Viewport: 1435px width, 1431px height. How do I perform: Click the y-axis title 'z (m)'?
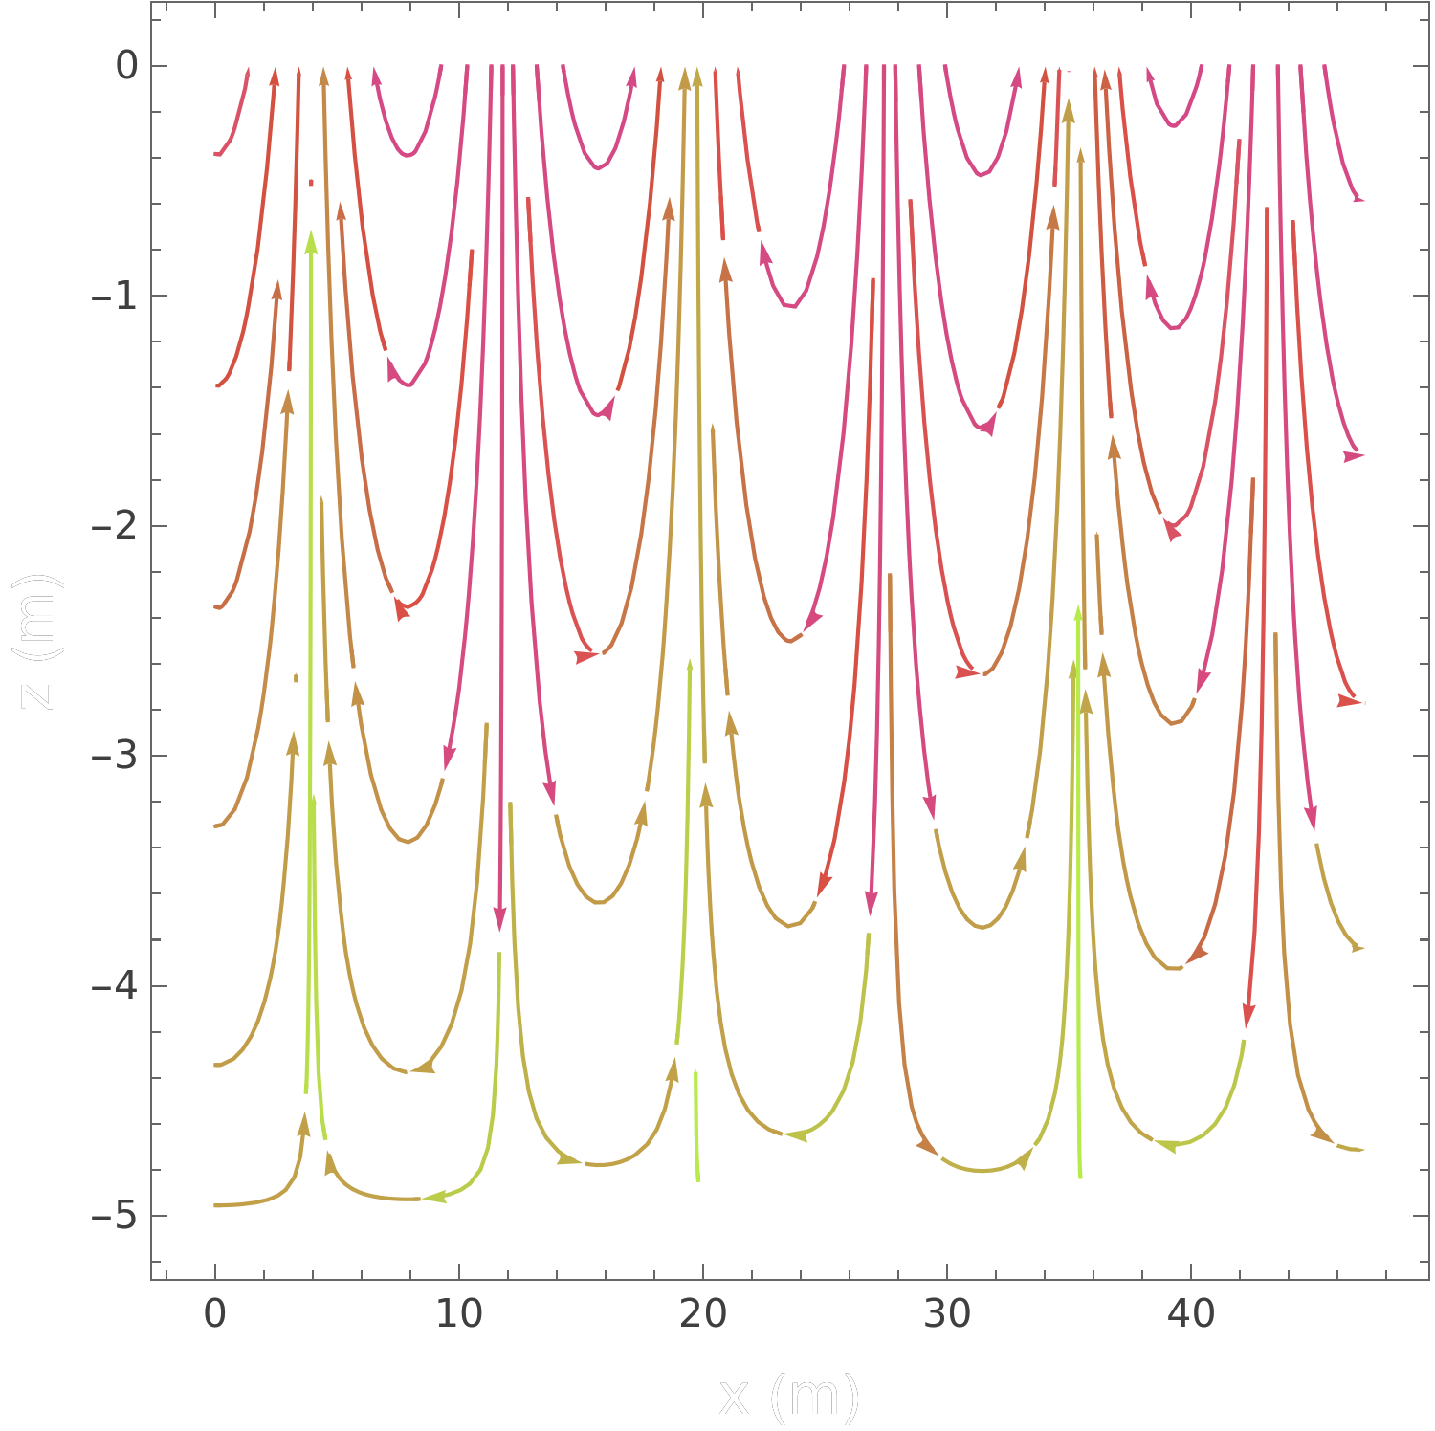pos(38,641)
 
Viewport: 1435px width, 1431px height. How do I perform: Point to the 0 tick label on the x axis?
pos(215,1314)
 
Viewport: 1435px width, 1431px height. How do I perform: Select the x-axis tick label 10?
pos(459,1314)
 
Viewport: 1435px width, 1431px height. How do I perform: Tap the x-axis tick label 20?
pos(703,1314)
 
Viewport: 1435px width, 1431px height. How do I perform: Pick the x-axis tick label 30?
pos(947,1314)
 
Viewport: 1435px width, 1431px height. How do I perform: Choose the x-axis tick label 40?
pos(1191,1314)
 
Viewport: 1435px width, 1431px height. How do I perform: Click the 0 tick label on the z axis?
pos(126,66)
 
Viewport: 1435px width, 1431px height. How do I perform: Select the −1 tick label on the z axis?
pos(115,296)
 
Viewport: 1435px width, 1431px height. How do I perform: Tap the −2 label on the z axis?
pos(115,526)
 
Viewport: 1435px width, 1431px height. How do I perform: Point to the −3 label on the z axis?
pos(115,756)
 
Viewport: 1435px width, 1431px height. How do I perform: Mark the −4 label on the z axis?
pos(115,986)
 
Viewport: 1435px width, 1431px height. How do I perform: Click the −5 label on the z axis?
pos(115,1217)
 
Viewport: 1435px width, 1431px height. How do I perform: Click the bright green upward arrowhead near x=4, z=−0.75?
pos(310,243)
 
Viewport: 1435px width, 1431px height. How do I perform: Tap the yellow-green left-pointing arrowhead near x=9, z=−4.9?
pos(436,1196)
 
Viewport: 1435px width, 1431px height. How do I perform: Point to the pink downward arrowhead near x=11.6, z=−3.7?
pos(499,918)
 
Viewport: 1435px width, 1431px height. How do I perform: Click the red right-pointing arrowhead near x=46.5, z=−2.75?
pos(1348,701)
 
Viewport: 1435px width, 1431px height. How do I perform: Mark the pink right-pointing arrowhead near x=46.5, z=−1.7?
pos(1353,456)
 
